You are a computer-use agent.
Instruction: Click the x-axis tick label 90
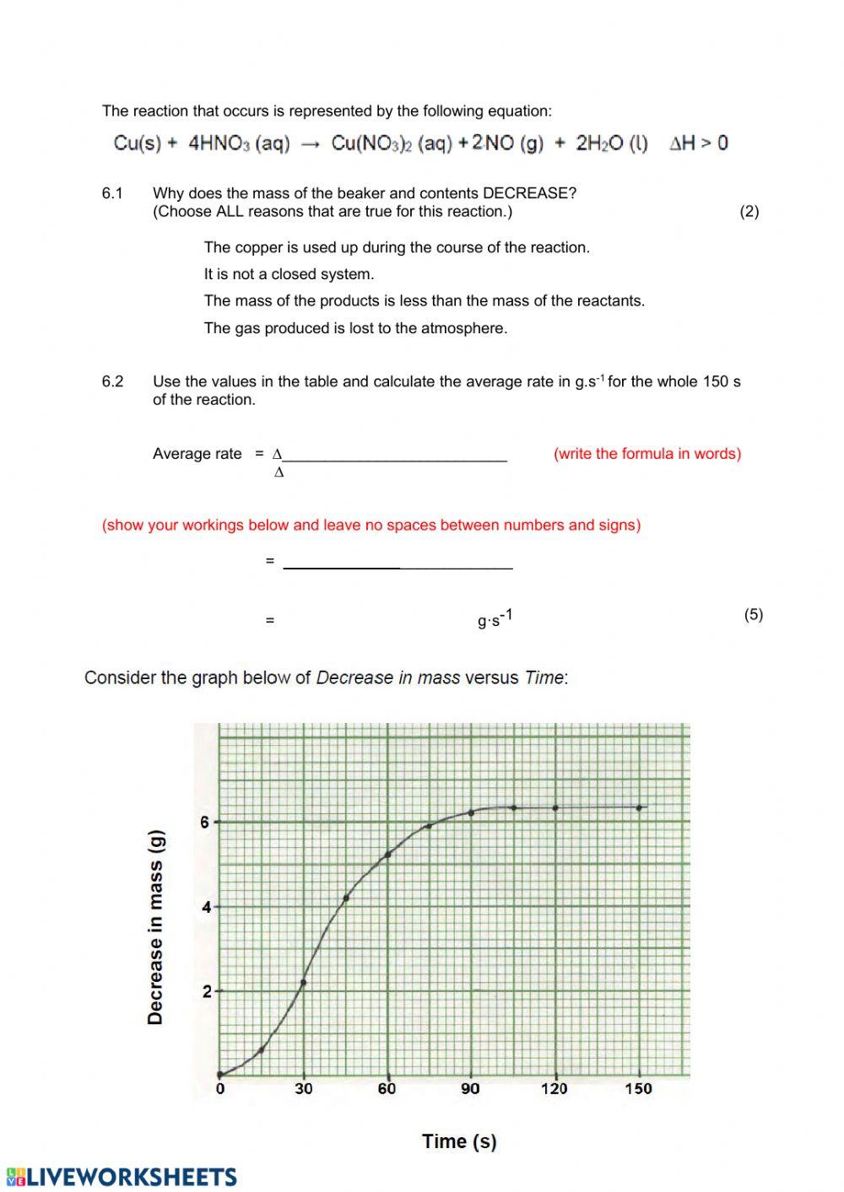[x=470, y=1088]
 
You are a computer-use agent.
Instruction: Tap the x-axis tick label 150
[x=638, y=1088]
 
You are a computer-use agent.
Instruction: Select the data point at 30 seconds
[x=303, y=982]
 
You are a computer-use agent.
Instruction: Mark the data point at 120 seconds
[x=555, y=807]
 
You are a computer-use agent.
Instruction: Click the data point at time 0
[x=220, y=1074]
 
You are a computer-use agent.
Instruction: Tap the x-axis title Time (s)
[x=459, y=1141]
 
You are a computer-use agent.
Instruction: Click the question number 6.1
[x=112, y=193]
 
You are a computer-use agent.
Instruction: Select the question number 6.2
[x=112, y=381]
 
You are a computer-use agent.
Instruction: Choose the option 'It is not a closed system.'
[x=289, y=274]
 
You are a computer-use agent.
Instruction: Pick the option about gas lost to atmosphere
[x=355, y=328]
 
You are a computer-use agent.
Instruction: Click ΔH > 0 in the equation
[x=698, y=143]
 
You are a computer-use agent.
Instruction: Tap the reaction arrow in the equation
[x=311, y=144]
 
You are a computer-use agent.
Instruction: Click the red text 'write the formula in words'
[x=647, y=454]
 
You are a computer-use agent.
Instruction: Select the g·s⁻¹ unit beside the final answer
[x=495, y=619]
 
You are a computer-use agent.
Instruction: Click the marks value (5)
[x=753, y=614]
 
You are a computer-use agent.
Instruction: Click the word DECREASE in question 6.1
[x=529, y=193]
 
